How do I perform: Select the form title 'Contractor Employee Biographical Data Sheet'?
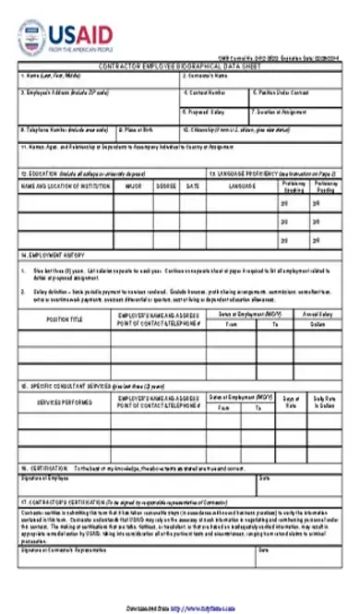pyautogui.click(x=180, y=66)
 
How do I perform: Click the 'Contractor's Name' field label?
pyautogui.click(x=206, y=74)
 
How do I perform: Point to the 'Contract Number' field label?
pyautogui.click(x=203, y=92)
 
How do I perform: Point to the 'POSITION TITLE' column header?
pyautogui.click(x=65, y=319)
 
